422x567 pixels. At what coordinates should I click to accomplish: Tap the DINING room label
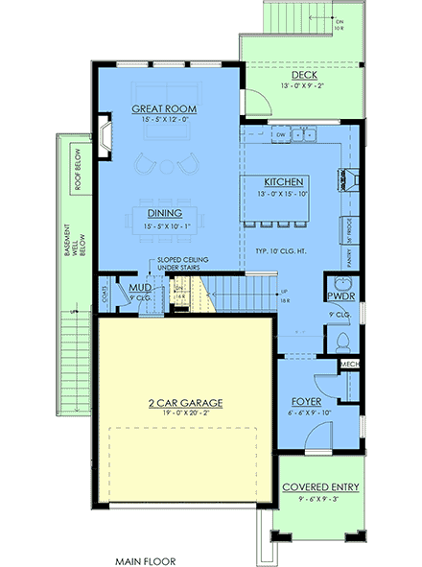pyautogui.click(x=165, y=213)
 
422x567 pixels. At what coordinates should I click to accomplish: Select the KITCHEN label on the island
pyautogui.click(x=285, y=182)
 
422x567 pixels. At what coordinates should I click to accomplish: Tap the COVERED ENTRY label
pyautogui.click(x=320, y=487)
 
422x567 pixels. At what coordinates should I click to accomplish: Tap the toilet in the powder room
pyautogui.click(x=342, y=341)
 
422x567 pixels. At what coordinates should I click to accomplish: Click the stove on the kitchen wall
pyautogui.click(x=344, y=177)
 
